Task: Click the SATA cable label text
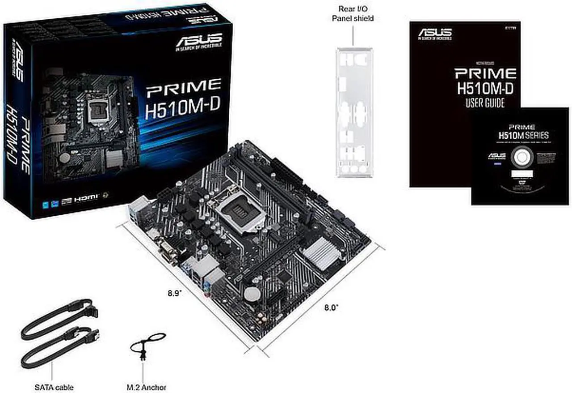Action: pyautogui.click(x=54, y=387)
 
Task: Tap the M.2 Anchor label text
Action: pyautogui.click(x=146, y=387)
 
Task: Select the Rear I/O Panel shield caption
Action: pyautogui.click(x=352, y=13)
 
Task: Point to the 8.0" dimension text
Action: pyautogui.click(x=331, y=307)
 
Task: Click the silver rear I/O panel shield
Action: pyautogui.click(x=354, y=112)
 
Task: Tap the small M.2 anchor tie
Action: pyautogui.click(x=146, y=344)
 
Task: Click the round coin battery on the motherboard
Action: pyautogui.click(x=252, y=294)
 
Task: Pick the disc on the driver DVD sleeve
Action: pyautogui.click(x=521, y=158)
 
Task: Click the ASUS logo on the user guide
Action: pyautogui.click(x=434, y=33)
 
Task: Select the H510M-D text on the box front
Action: pyautogui.click(x=183, y=109)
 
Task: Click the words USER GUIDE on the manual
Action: pyautogui.click(x=485, y=103)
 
